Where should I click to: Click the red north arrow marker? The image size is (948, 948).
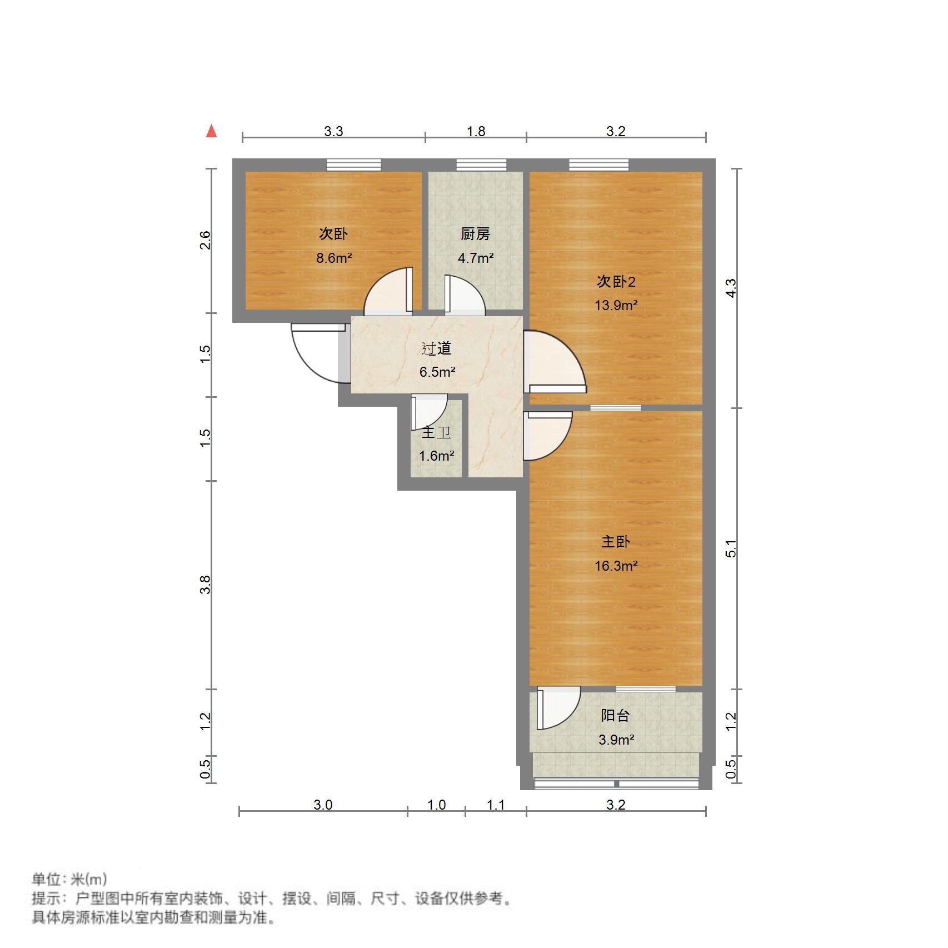coord(211,131)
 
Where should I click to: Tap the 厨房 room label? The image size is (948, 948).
coord(475,234)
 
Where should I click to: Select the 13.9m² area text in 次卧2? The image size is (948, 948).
coord(616,305)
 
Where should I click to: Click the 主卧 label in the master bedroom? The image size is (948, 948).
coord(616,542)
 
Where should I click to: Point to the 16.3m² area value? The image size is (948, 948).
coord(616,566)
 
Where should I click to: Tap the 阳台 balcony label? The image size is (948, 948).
coord(616,716)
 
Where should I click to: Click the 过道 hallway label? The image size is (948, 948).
coord(436,348)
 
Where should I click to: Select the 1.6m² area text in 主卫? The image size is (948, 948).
coord(436,456)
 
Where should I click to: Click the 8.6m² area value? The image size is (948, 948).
coord(334,258)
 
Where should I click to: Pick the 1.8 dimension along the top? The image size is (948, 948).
coord(476,131)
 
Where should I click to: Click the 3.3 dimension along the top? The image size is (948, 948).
coord(333,131)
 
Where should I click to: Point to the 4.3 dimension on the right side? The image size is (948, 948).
coord(731,288)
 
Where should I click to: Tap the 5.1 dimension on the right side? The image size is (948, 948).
coord(731,548)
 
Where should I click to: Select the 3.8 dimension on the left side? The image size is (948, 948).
coord(206,585)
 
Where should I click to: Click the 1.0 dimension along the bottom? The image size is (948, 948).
coord(436,805)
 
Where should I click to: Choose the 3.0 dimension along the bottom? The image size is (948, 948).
coord(323,805)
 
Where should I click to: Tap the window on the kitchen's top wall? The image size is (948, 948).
coord(481,164)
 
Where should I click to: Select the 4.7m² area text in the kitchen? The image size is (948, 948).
coord(476,258)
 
